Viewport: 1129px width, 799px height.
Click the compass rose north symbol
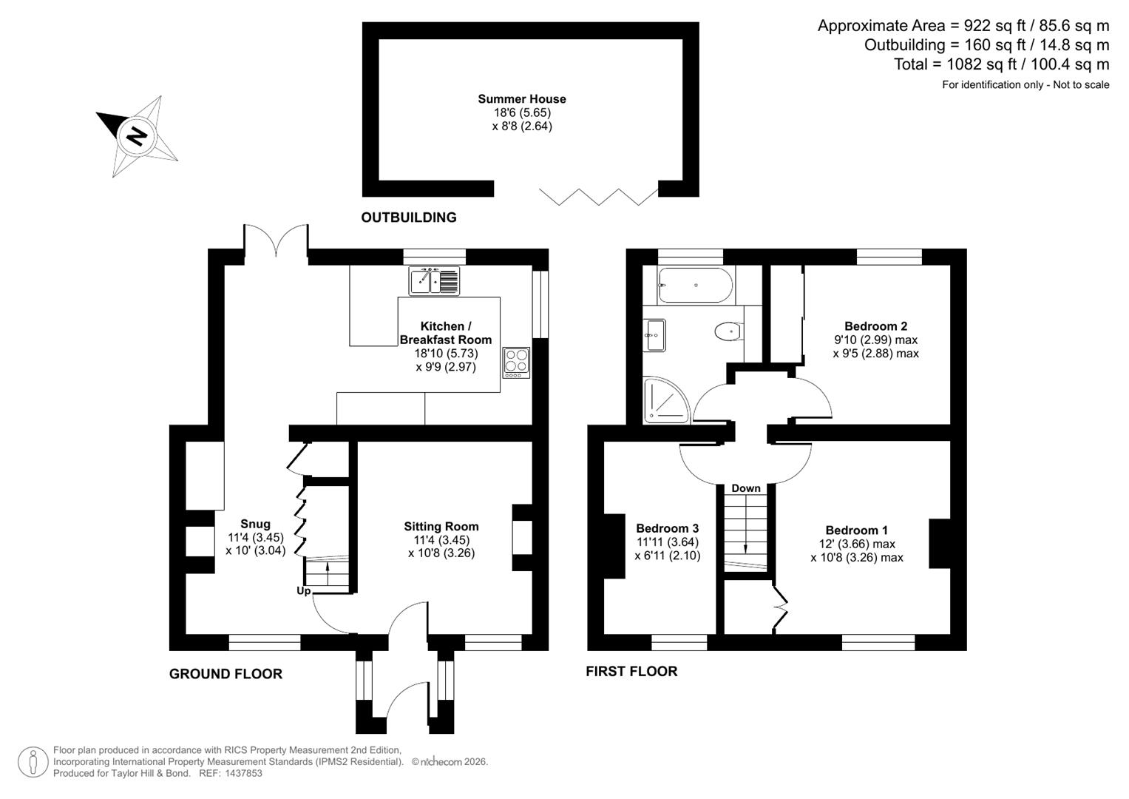click(137, 136)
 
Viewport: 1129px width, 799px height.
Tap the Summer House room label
click(521, 99)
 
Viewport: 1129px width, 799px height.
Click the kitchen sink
click(434, 280)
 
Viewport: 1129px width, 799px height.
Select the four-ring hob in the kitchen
click(516, 363)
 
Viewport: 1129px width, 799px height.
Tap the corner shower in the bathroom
click(665, 401)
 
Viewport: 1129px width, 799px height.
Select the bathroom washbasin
click(654, 335)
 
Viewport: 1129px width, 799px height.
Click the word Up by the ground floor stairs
click(304, 591)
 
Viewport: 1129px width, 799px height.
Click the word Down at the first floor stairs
click(745, 488)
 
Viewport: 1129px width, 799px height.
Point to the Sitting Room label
click(441, 527)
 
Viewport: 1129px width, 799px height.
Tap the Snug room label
click(255, 525)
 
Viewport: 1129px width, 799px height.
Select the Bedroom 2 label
click(875, 326)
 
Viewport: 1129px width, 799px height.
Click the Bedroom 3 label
click(667, 528)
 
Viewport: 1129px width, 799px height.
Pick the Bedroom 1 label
click(856, 530)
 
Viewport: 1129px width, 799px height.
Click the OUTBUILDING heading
click(408, 218)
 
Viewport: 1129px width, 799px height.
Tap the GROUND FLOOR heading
click(226, 674)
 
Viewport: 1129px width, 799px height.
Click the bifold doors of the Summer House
click(598, 196)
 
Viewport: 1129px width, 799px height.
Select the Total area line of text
click(1001, 64)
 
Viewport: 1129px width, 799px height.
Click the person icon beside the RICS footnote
click(33, 762)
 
